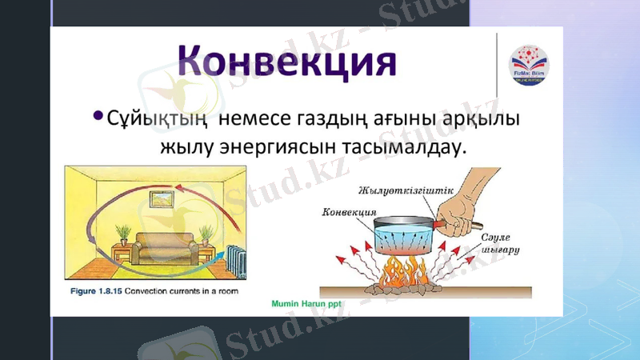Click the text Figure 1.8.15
pyautogui.click(x=95, y=290)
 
